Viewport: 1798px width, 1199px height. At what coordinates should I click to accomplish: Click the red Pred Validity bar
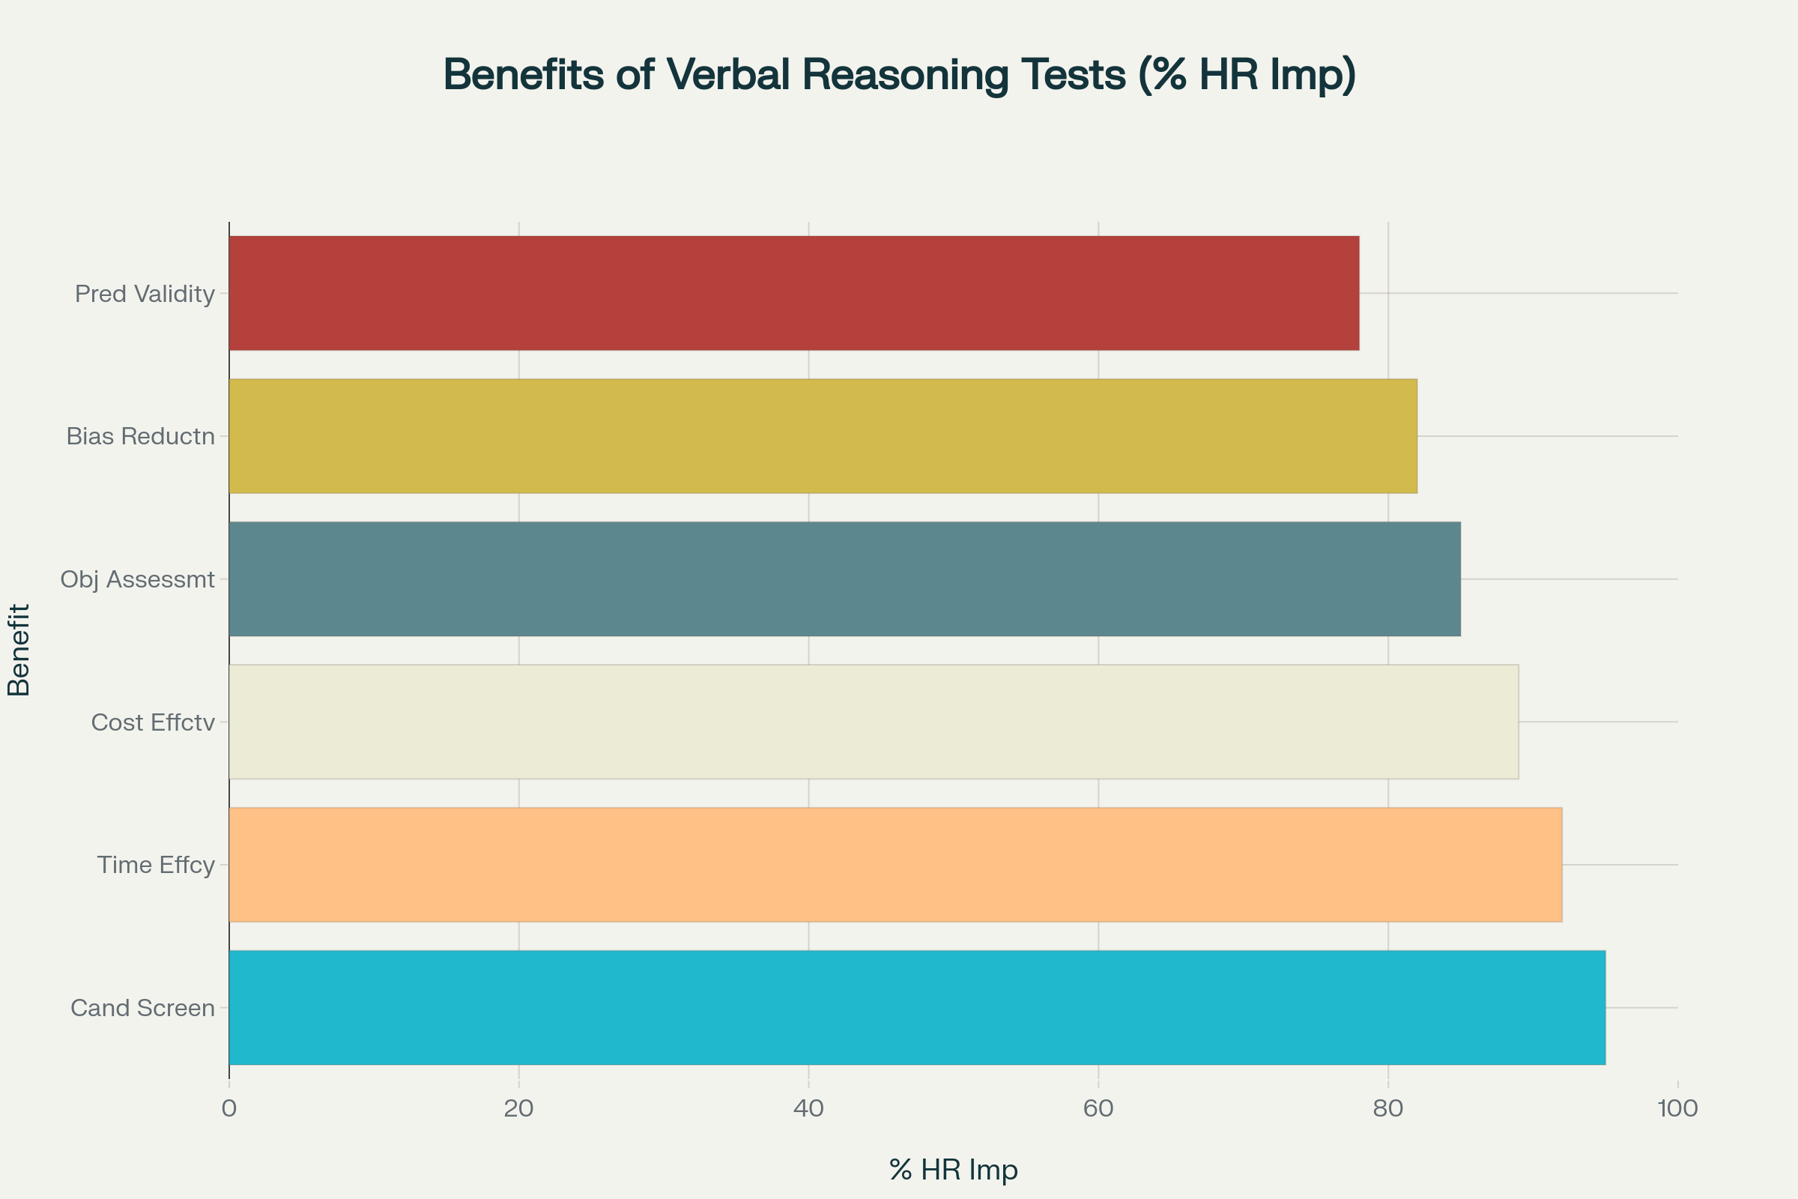tap(793, 293)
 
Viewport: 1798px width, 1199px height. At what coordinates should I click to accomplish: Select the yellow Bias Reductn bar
tap(823, 436)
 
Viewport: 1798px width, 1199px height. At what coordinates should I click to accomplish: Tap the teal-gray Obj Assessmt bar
tap(844, 579)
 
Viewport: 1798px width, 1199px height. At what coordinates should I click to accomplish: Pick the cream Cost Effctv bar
tap(873, 722)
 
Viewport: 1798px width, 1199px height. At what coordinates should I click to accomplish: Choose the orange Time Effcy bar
tap(895, 865)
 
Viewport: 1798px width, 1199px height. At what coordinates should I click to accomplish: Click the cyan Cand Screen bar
tap(916, 1008)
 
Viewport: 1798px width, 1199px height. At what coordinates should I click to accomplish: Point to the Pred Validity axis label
tap(145, 294)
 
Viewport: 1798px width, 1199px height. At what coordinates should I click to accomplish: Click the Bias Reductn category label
tap(141, 437)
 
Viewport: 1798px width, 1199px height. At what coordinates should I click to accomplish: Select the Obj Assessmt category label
tap(138, 579)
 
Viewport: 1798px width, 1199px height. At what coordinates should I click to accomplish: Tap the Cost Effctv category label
tap(153, 722)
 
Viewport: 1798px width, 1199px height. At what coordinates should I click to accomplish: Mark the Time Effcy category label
tap(156, 865)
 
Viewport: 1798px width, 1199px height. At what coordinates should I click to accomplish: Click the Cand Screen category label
tap(142, 1008)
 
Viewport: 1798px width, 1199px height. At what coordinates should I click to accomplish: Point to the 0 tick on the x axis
tap(229, 1108)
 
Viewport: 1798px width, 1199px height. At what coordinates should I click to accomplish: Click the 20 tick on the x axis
tap(519, 1108)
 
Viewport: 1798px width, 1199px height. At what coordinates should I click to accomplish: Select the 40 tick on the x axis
tap(809, 1108)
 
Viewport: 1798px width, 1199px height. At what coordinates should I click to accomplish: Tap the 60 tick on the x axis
tap(1098, 1108)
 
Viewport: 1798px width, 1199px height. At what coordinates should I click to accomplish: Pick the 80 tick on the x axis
tap(1388, 1108)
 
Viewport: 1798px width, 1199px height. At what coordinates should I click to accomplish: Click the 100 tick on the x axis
tap(1677, 1108)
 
